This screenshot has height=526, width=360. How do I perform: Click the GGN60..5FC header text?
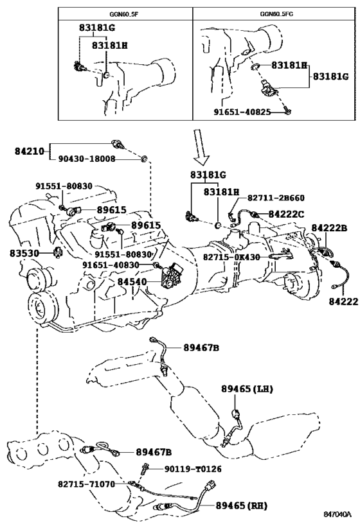point(274,14)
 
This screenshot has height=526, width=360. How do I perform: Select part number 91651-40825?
point(242,112)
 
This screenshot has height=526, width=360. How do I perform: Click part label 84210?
point(30,152)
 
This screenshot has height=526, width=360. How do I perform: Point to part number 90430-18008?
point(87,159)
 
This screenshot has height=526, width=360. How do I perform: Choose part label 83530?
point(24,253)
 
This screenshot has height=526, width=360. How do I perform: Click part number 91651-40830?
point(111,265)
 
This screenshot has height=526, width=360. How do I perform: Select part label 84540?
point(132,282)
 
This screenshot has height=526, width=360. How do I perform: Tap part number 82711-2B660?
point(276,198)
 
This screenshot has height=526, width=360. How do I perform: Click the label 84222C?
point(286,214)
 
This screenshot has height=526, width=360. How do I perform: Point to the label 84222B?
point(329,228)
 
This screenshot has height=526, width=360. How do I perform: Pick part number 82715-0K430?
point(231,257)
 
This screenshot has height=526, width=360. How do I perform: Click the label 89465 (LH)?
point(247,389)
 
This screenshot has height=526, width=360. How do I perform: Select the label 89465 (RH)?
point(241,505)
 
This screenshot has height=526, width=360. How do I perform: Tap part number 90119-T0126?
point(193,469)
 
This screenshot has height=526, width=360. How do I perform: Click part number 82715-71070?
point(86,484)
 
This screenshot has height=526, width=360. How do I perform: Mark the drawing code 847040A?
point(337,514)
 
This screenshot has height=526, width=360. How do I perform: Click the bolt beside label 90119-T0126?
point(145,468)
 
